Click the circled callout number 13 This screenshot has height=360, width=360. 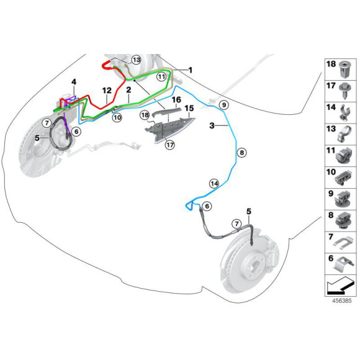coord(137,60)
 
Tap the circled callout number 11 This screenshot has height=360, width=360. coord(161,76)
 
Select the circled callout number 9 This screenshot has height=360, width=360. coord(224,105)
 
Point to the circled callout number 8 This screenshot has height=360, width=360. coord(241,153)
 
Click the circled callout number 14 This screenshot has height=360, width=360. coord(214,184)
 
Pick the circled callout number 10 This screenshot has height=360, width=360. coord(117,118)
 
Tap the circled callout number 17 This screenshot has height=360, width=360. coord(170,145)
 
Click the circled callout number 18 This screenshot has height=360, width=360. coord(145,115)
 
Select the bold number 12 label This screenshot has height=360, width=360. coord(107,91)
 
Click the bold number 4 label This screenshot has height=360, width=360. coord(74,82)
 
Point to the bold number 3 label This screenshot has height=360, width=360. coord(212,125)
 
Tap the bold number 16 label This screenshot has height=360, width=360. coord(176,100)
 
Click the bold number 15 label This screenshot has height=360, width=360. coord(189,108)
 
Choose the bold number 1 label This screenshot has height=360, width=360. coord(191,70)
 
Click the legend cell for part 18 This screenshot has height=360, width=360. coord(341,70)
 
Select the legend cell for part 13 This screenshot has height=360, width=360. coord(341,134)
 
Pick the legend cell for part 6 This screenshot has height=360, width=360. coord(341,264)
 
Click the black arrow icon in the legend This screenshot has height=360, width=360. coord(340,285)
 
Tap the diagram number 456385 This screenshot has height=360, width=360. coord(341,300)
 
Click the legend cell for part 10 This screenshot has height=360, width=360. coord(341,178)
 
